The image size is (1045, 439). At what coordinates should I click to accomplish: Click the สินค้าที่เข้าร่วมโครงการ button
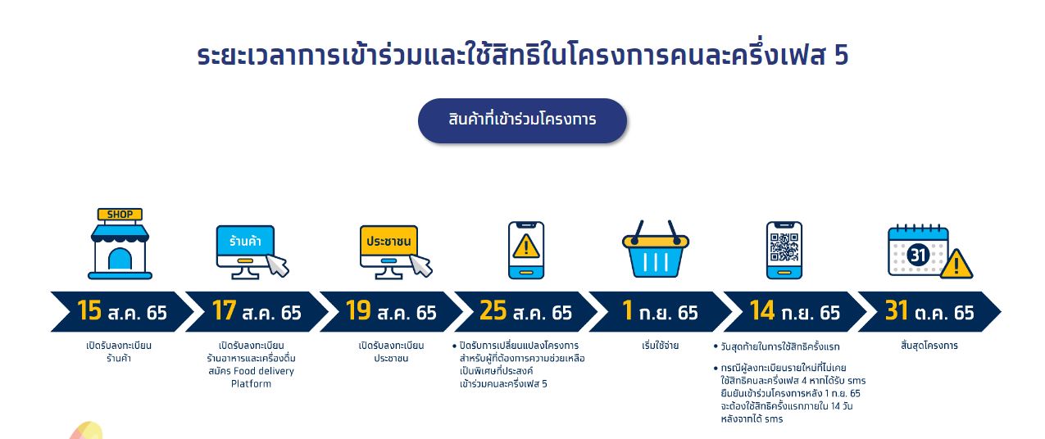coord(522,120)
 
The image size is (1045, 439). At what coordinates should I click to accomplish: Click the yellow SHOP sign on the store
coord(120,215)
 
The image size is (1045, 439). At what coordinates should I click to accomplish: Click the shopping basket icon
coord(655,251)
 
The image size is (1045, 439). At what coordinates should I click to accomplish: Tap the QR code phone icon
coord(784,250)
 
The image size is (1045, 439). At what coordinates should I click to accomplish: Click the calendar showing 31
coord(919,252)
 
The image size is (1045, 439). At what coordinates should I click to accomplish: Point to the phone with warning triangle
coord(525,250)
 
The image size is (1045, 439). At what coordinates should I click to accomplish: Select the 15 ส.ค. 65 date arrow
coord(121,312)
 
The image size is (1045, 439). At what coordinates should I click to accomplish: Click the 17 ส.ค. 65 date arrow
coord(256,312)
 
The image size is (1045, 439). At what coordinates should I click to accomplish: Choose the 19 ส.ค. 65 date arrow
coord(390,312)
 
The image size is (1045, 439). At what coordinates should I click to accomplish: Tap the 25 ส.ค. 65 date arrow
coord(525,312)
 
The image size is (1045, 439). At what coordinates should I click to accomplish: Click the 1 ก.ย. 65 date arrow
coord(660,312)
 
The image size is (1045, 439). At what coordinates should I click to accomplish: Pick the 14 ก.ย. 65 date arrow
coord(794,312)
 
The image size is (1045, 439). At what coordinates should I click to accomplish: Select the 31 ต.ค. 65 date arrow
coord(929,312)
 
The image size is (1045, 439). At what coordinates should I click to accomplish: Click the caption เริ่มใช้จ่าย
coord(660,346)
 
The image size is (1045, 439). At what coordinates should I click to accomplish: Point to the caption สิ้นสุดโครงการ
coord(929,346)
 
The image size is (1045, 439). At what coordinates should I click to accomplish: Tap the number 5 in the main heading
coord(840,56)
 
